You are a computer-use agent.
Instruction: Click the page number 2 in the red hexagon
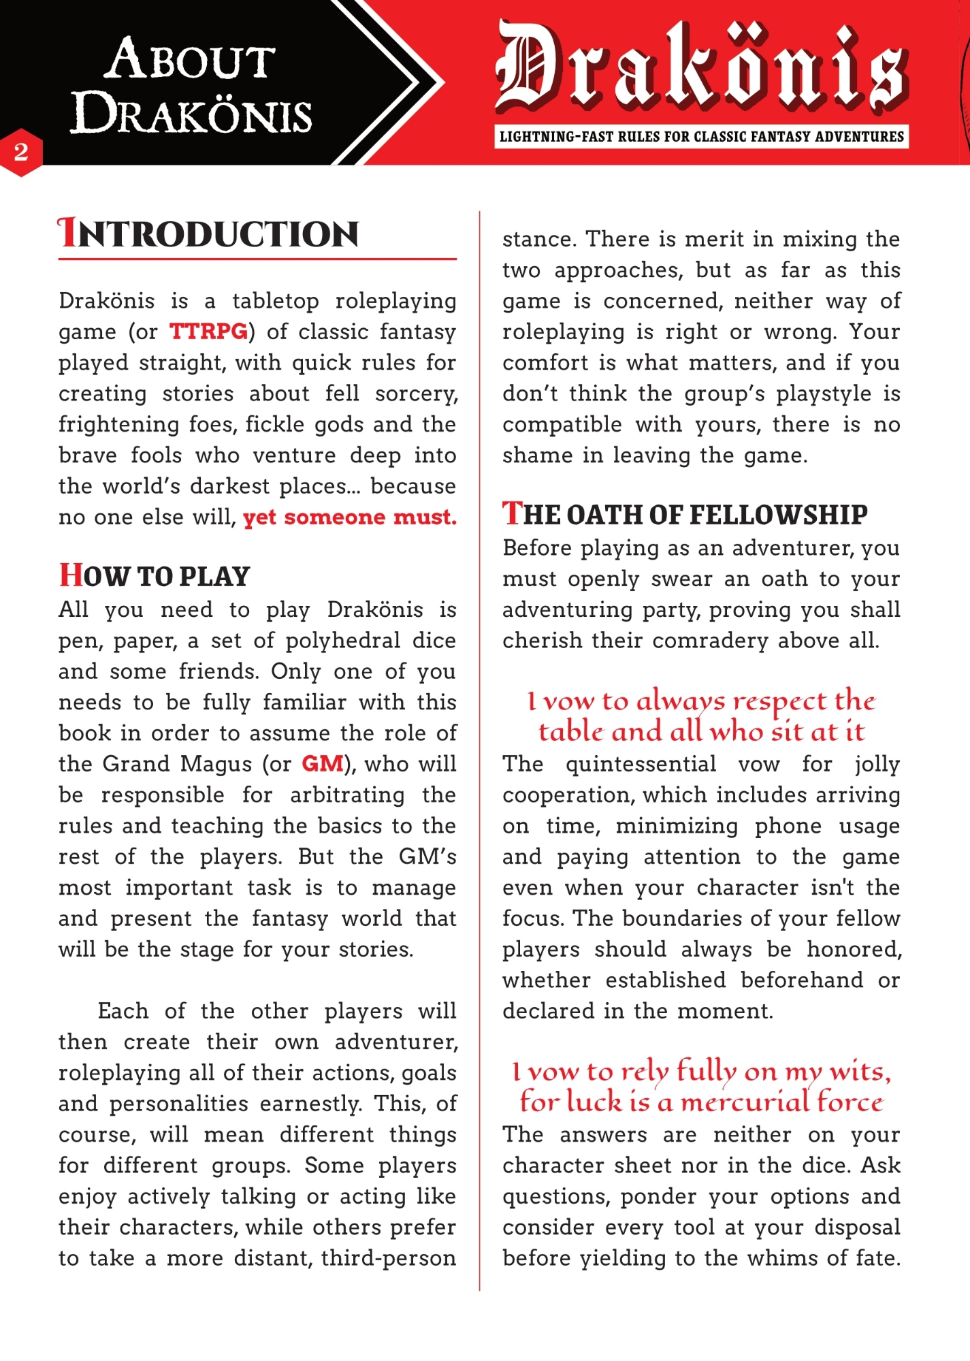point(21,151)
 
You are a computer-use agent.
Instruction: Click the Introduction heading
point(208,234)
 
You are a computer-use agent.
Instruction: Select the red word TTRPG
point(208,332)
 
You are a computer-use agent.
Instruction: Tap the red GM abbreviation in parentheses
point(323,764)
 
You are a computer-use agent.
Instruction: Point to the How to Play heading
point(155,576)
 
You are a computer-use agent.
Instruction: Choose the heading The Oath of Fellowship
point(685,514)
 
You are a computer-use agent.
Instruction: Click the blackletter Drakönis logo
point(702,69)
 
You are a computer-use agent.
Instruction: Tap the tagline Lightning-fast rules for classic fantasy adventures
point(702,137)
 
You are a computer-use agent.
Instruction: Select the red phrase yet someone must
point(349,517)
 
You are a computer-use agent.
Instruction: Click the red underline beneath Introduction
point(257,259)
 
